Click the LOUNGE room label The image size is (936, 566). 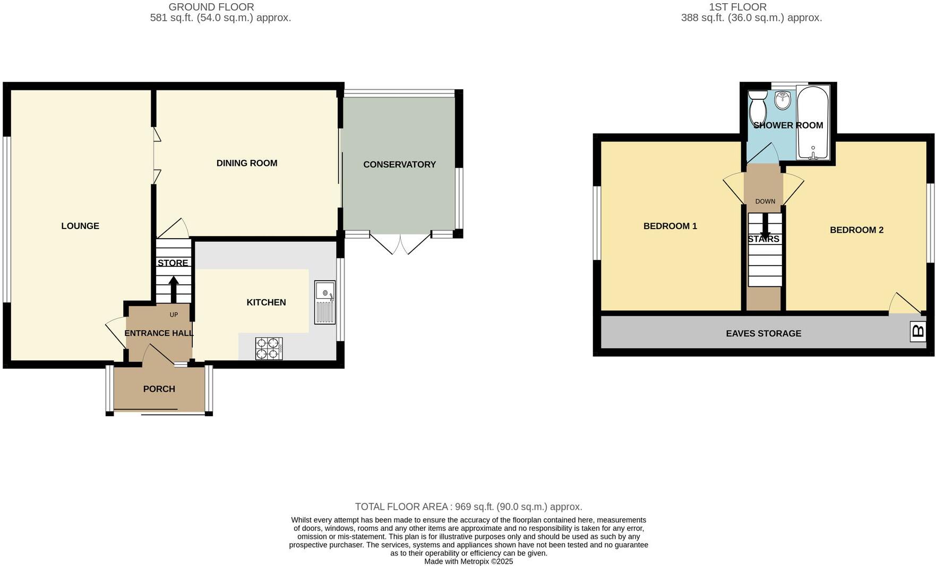pyautogui.click(x=80, y=226)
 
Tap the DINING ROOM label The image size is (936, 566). pyautogui.click(x=247, y=163)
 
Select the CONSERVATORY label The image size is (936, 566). pyautogui.click(x=399, y=165)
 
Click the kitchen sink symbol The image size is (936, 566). pyautogui.click(x=325, y=302)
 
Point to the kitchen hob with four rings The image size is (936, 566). pyautogui.click(x=269, y=349)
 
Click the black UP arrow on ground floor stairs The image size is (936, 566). pyautogui.click(x=174, y=289)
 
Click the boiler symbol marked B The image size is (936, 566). pyautogui.click(x=918, y=332)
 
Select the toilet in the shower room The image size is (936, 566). pyautogui.click(x=757, y=107)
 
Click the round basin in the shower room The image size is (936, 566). pyautogui.click(x=782, y=100)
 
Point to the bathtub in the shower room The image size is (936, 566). pyautogui.click(x=812, y=123)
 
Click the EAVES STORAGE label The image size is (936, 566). pyautogui.click(x=763, y=334)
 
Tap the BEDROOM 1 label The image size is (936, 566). pyautogui.click(x=670, y=226)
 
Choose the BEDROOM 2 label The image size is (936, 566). pyautogui.click(x=856, y=230)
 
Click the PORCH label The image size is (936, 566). pyautogui.click(x=159, y=389)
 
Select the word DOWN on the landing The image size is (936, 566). pyautogui.click(x=765, y=201)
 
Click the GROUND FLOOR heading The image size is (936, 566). pyautogui.click(x=211, y=7)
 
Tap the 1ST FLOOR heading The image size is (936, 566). pyautogui.click(x=737, y=7)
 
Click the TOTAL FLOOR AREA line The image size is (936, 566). pyautogui.click(x=468, y=506)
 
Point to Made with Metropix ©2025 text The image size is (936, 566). pyautogui.click(x=468, y=561)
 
